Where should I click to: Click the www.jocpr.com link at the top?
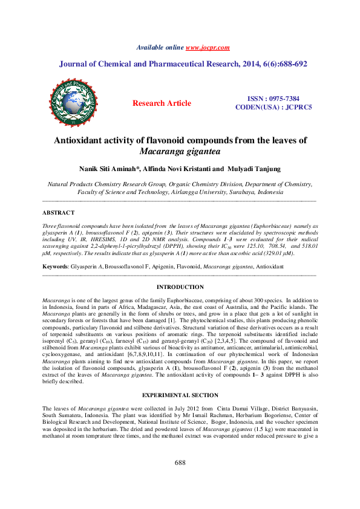pos(208,47)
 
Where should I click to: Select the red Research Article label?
pos(162,103)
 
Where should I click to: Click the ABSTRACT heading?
pos(58,213)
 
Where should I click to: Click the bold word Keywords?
pos(54,266)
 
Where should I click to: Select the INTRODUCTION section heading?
pos(180,287)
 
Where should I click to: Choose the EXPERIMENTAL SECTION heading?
pos(180,378)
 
